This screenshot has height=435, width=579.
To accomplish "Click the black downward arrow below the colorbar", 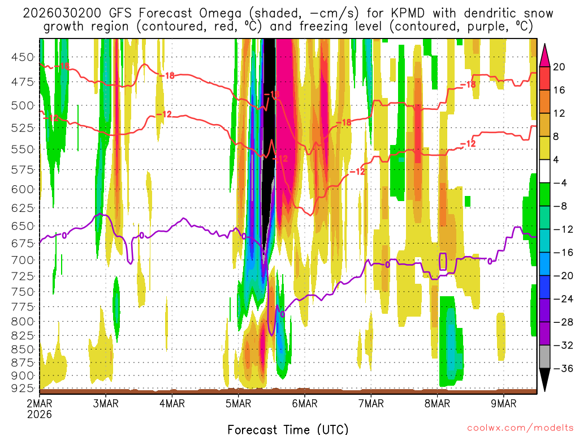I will tap(545, 381).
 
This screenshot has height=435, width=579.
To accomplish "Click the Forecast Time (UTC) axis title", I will tap(288, 429).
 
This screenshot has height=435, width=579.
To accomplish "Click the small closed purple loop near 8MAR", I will tap(443, 261).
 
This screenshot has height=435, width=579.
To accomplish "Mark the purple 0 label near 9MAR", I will tap(490, 261).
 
